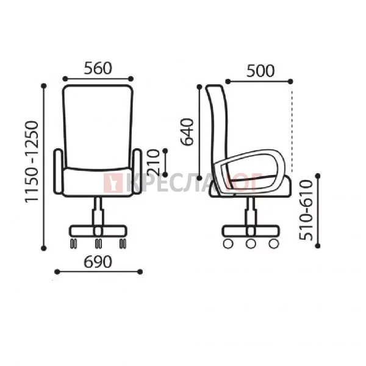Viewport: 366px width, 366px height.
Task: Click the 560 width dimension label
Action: (x=98, y=68)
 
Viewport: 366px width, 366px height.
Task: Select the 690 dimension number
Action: (x=98, y=262)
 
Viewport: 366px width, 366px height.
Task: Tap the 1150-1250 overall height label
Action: (x=32, y=162)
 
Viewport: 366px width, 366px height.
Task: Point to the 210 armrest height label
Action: (x=154, y=163)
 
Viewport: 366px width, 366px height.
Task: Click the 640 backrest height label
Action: (x=187, y=132)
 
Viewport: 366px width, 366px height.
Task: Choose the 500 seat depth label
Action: (x=260, y=71)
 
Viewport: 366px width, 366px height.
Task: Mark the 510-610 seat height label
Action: (x=306, y=210)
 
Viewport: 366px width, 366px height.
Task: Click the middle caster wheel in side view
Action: (x=251, y=243)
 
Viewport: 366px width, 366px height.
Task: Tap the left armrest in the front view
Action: (x=58, y=171)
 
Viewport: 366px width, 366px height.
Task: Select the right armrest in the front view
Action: (x=137, y=171)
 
